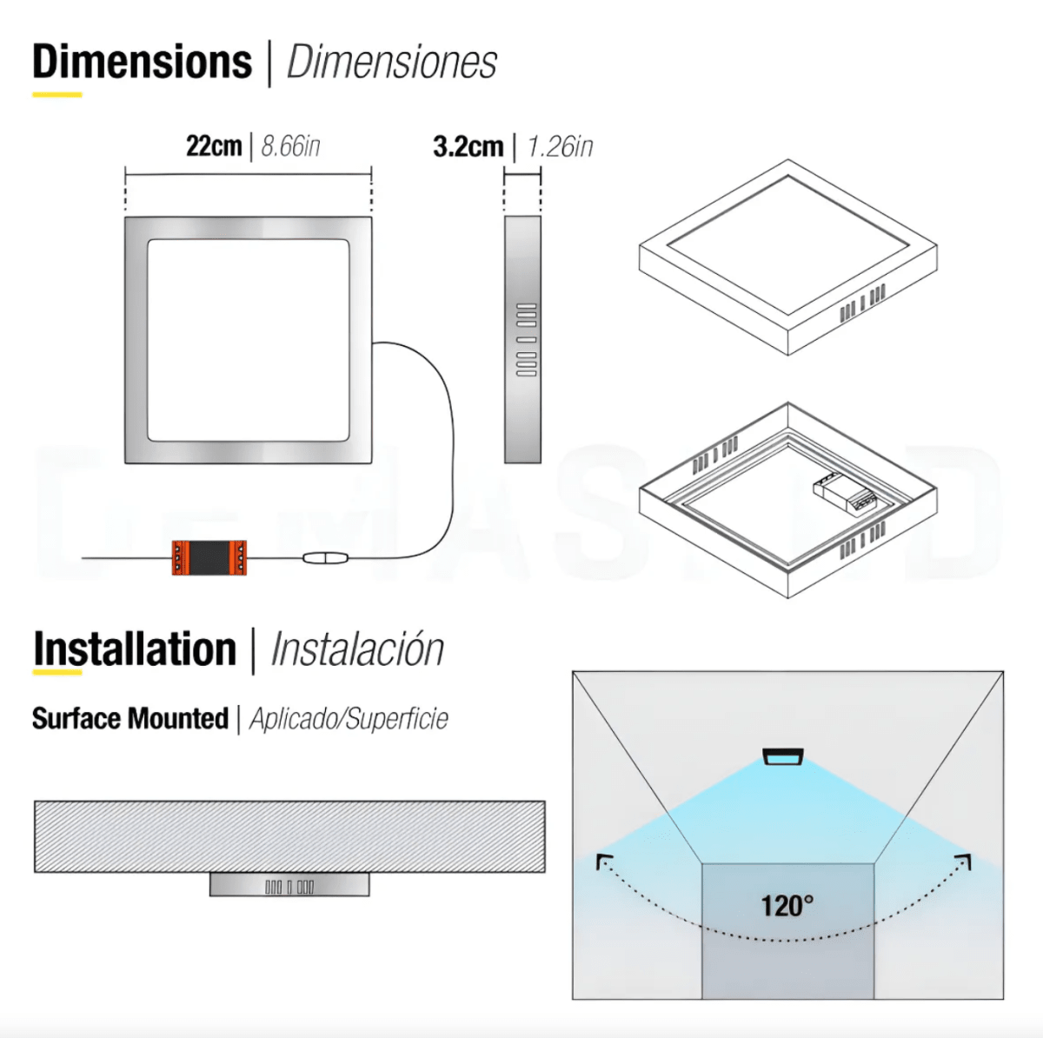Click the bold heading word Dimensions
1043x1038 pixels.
[142, 63]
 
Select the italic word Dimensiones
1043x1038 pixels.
[391, 63]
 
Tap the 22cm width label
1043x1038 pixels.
[214, 145]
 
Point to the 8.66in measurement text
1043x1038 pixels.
[291, 146]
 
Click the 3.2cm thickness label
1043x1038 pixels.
[468, 146]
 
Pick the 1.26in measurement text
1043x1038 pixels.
[561, 146]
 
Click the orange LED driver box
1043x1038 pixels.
[209, 557]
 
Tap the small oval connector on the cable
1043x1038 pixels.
[325, 558]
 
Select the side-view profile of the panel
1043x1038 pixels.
[522, 339]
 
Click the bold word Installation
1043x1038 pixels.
[135, 649]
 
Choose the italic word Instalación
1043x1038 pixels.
[357, 649]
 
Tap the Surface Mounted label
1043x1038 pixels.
[130, 719]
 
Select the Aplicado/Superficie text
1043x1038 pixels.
[349, 719]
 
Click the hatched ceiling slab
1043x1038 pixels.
[289, 836]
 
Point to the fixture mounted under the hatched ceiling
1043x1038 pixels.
[289, 885]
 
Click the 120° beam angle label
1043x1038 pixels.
[787, 906]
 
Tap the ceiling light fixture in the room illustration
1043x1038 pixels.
[783, 757]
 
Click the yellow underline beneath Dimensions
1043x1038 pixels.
[57, 94]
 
